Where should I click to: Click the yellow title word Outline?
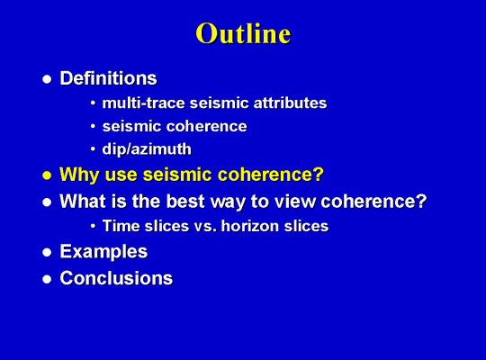coord(243,33)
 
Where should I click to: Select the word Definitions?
coord(108,77)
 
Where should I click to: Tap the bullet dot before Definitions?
coord(47,79)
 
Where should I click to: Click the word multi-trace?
coord(143,103)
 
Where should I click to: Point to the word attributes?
coord(290,103)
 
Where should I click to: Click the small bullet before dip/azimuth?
coord(93,149)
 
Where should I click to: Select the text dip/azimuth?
coord(147,149)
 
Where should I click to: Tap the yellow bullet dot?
coord(47,175)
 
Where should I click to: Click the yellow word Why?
coord(80,175)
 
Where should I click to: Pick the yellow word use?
coord(121,175)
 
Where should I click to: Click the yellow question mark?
coord(319,174)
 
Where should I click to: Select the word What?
coord(83,202)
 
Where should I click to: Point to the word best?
coord(185,202)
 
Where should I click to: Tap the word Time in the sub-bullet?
coord(121,226)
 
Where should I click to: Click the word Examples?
coord(103,251)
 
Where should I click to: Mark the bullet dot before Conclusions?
coord(47,279)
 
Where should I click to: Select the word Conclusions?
coord(116,278)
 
